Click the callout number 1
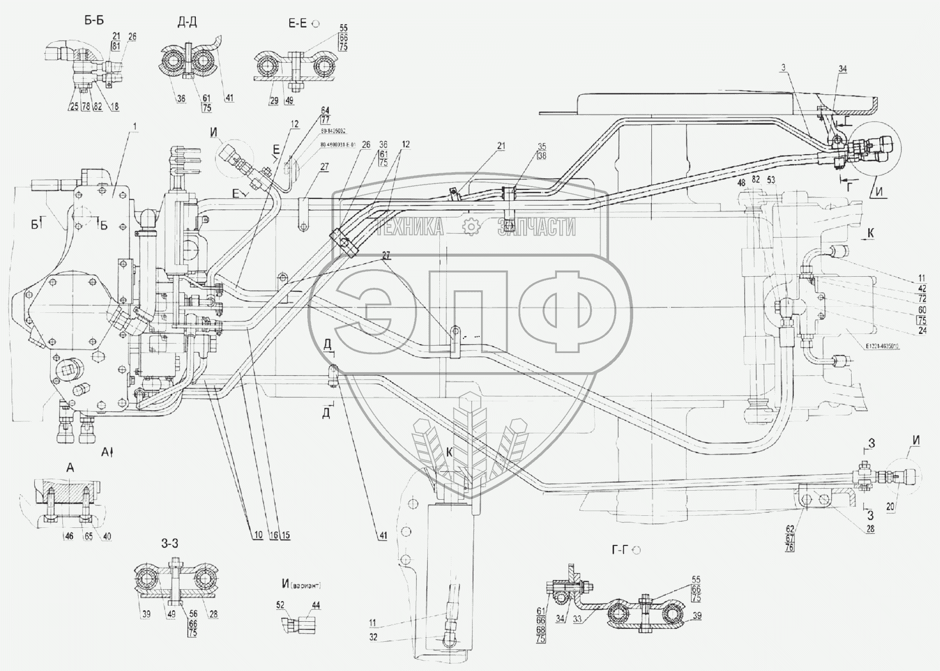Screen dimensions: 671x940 pyautogui.click(x=134, y=126)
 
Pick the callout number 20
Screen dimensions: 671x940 pyautogui.click(x=890, y=507)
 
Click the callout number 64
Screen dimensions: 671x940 pyautogui.click(x=325, y=110)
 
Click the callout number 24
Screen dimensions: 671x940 pyautogui.click(x=922, y=330)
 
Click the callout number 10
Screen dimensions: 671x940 pyautogui.click(x=258, y=535)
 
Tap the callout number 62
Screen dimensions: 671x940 pyautogui.click(x=790, y=528)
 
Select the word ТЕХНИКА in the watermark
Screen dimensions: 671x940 pyautogui.click(x=410, y=228)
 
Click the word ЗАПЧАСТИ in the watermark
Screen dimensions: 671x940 pyautogui.click(x=537, y=228)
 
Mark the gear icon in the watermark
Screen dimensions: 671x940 pyautogui.click(x=471, y=228)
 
